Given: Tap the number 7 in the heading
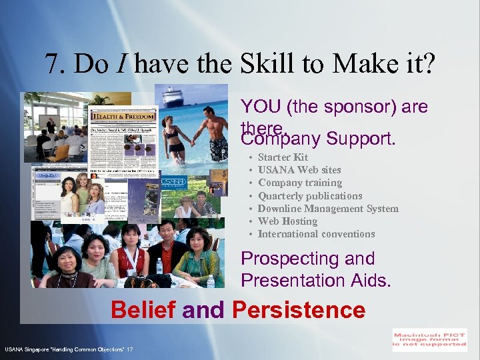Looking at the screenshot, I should pyautogui.click(x=51, y=64).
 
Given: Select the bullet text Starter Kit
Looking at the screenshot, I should pyautogui.click(x=283, y=157).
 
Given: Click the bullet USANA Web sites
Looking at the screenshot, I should pyautogui.click(x=299, y=170).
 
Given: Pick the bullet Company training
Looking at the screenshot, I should pyautogui.click(x=300, y=183).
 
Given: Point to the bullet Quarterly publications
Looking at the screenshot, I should pyautogui.click(x=310, y=196).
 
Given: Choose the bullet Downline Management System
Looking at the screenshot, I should pyautogui.click(x=328, y=209).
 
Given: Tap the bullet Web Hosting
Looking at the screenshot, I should pyautogui.click(x=287, y=221).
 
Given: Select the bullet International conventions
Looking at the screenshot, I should pyautogui.click(x=316, y=234).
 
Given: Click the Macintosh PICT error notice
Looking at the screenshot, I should pyautogui.click(x=429, y=339).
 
